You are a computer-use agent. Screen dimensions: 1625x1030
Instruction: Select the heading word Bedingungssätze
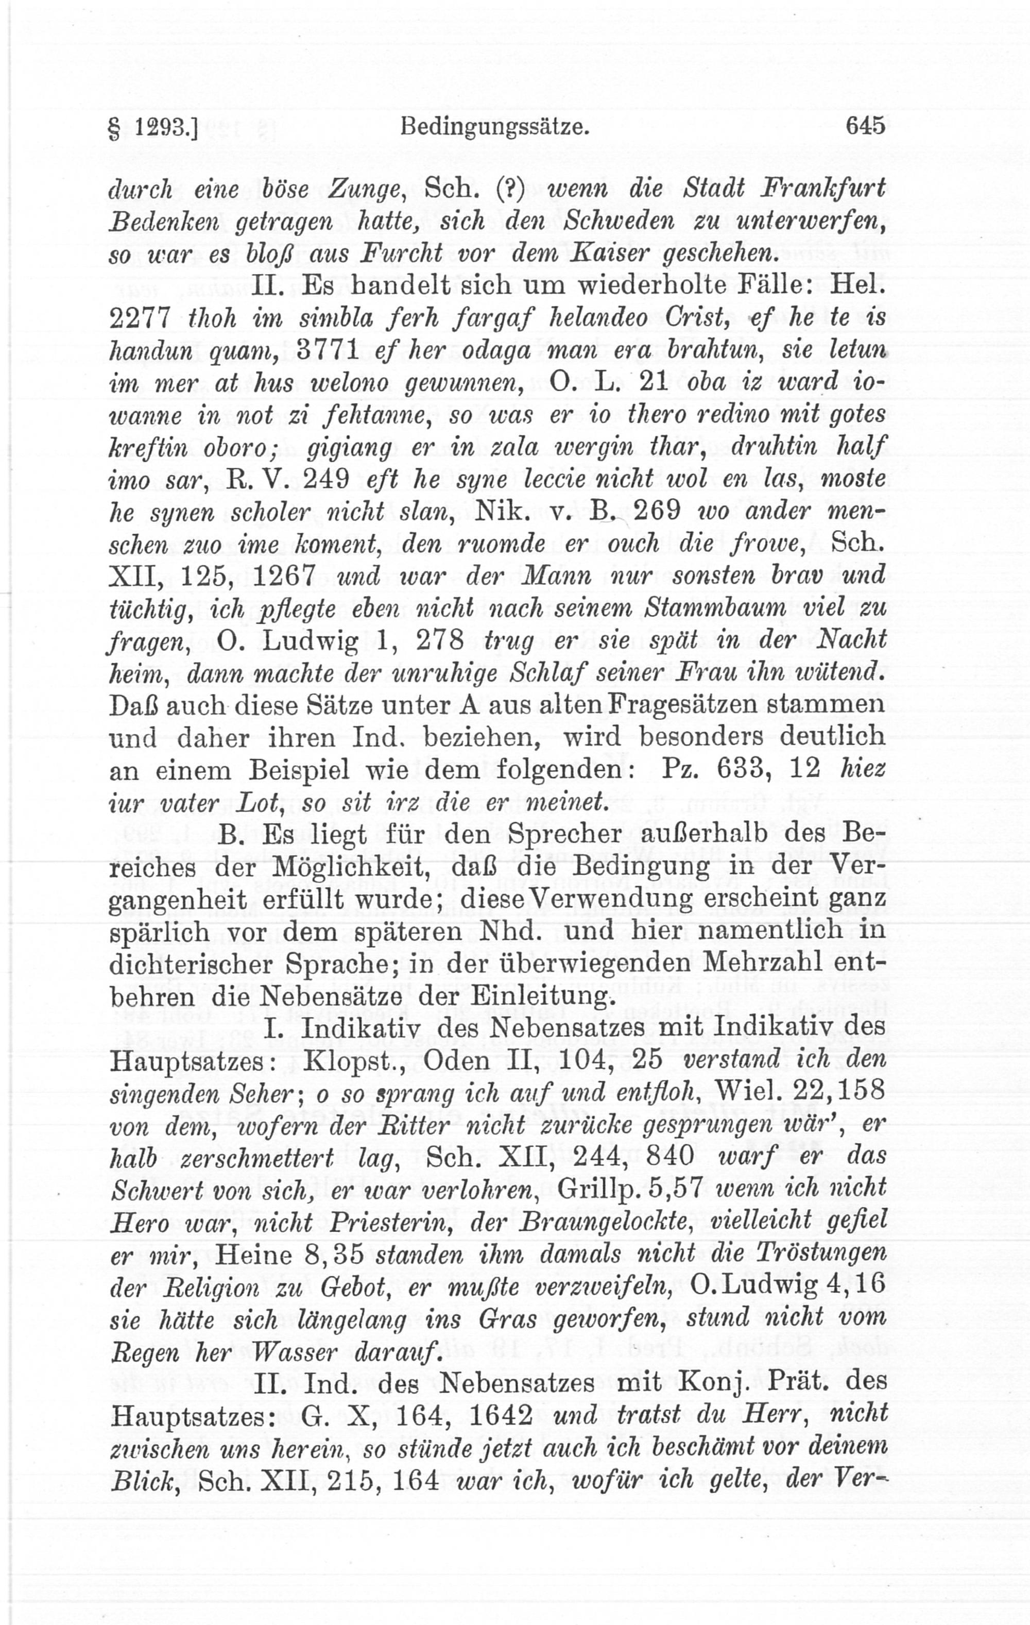tap(495, 127)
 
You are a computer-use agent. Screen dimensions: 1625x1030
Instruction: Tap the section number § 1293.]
tap(152, 127)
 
